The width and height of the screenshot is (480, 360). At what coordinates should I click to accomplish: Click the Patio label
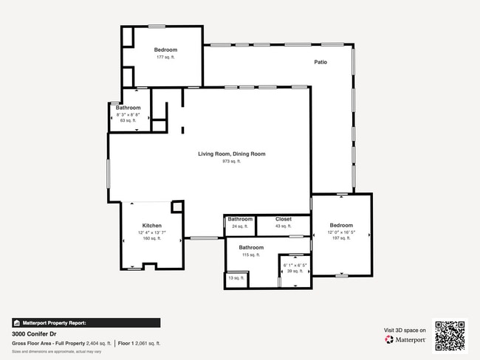coord(320,62)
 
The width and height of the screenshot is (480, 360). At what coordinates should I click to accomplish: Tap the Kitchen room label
coord(152,226)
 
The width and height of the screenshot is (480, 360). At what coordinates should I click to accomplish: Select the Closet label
coord(284,219)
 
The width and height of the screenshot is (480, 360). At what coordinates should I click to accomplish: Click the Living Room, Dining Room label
coord(231,153)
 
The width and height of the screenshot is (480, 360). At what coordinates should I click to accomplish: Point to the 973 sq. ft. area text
coord(231,161)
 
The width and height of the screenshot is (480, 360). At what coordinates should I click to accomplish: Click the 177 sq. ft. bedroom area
coord(165,57)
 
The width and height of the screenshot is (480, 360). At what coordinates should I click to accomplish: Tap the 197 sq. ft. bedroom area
coord(341,238)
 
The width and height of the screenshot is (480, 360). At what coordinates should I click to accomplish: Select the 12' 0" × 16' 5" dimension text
coord(341,232)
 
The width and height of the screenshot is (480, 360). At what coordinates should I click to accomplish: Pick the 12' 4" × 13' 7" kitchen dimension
coord(152,232)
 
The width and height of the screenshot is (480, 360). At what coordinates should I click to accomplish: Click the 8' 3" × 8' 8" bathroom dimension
coord(128,115)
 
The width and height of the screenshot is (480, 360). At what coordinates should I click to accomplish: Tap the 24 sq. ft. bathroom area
coord(240,226)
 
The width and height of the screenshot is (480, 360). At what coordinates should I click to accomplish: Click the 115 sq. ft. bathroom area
coord(251,255)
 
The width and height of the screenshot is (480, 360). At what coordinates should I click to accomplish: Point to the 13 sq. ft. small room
coord(235,278)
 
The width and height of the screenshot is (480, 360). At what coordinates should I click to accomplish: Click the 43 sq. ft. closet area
coord(284,226)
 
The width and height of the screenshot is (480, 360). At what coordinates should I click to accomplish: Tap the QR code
coord(450,336)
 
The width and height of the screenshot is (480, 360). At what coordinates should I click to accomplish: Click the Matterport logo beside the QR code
coord(405,340)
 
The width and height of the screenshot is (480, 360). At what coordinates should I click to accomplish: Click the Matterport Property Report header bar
coord(86,322)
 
